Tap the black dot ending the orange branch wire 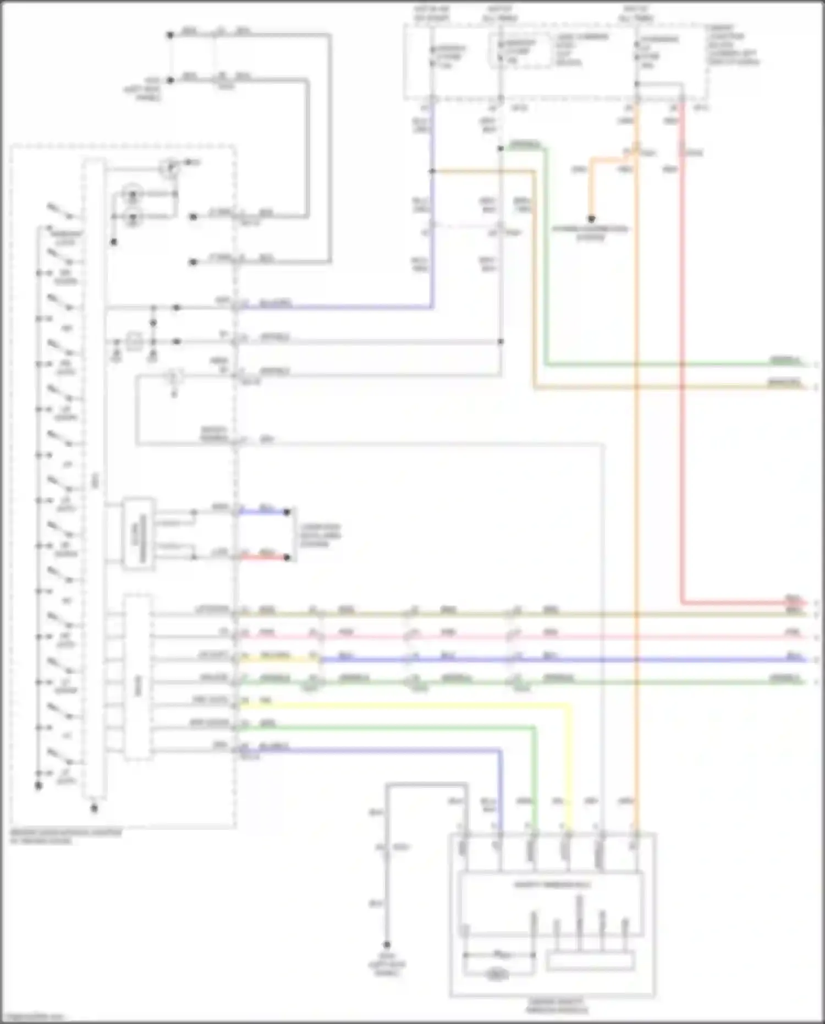pos(591,219)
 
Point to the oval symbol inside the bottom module pos(496,974)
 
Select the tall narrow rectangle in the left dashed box pos(94,479)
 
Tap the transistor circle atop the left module pos(170,168)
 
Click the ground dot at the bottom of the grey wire pos(387,945)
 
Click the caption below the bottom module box pos(556,1006)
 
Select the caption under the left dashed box pos(66,837)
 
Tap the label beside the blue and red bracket pos(320,535)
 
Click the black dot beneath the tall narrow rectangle pos(94,808)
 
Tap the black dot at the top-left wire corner pos(170,35)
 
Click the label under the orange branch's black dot pos(590,233)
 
